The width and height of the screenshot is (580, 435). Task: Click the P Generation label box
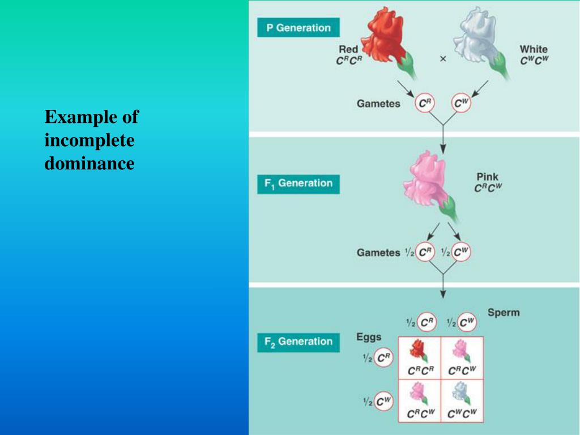pyautogui.click(x=298, y=28)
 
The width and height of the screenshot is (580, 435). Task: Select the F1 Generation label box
pyautogui.click(x=298, y=184)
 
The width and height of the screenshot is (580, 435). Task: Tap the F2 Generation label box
pyautogui.click(x=298, y=342)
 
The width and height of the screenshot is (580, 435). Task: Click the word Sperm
pyautogui.click(x=503, y=313)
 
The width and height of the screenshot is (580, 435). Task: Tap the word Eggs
pyautogui.click(x=369, y=338)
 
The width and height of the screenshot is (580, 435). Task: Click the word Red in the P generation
pyautogui.click(x=348, y=50)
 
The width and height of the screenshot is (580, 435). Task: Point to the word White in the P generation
pyautogui.click(x=534, y=49)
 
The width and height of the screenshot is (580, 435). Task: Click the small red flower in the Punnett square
pyautogui.click(x=419, y=351)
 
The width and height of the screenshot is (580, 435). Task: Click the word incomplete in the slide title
pyautogui.click(x=89, y=140)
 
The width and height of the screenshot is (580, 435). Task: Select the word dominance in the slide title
pyautogui.click(x=89, y=164)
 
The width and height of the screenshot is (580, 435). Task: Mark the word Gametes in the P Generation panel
pyautogui.click(x=378, y=104)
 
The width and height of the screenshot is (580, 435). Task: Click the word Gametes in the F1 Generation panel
pyautogui.click(x=378, y=253)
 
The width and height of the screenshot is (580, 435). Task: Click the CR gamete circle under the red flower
pyautogui.click(x=425, y=104)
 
